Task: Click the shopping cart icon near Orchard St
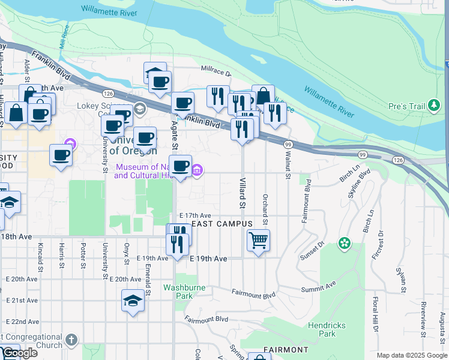tap(258, 240)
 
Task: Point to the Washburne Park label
tap(185, 292)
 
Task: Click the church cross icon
tap(71, 340)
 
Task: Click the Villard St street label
tap(243, 193)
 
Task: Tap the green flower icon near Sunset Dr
tap(345, 243)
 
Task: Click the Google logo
tap(19, 353)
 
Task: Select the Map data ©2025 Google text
tap(412, 355)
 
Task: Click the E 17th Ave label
tap(195, 215)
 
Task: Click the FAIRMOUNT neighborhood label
tap(286, 350)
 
